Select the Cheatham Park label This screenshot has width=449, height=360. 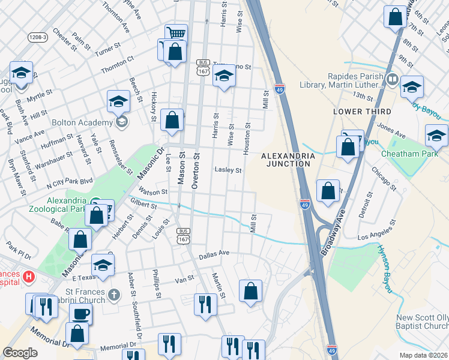pyautogui.click(x=409, y=153)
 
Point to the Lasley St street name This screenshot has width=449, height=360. pyautogui.click(x=228, y=170)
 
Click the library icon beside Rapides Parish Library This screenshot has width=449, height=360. pyautogui.click(x=393, y=79)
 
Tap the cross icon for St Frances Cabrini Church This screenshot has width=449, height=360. pyautogui.click(x=115, y=295)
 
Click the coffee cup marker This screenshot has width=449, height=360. pyautogui.click(x=80, y=314)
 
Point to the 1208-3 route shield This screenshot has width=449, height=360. pyautogui.click(x=38, y=37)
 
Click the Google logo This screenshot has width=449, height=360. pyautogui.click(x=20, y=352)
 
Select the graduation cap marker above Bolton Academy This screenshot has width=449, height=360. pyautogui.click(x=118, y=101)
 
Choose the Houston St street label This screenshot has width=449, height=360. pyautogui.click(x=246, y=140)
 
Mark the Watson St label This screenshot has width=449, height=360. pyautogui.click(x=152, y=192)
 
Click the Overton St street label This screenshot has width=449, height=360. pyautogui.click(x=195, y=170)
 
